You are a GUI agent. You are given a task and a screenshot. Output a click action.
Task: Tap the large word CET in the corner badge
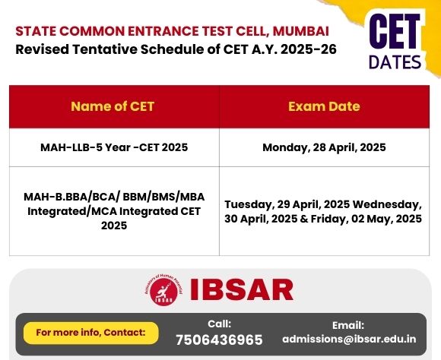(395, 31)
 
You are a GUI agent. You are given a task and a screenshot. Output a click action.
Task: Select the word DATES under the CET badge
(395, 62)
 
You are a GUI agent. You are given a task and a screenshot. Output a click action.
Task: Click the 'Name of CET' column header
(113, 106)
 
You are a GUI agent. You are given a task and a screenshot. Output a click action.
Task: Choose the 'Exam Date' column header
(324, 106)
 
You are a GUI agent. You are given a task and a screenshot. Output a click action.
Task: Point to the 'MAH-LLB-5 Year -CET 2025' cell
(114, 147)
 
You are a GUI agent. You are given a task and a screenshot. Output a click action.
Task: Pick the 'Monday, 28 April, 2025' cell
(324, 147)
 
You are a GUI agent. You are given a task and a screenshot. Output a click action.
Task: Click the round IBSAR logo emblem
(163, 289)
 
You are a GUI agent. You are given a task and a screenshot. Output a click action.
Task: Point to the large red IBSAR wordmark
(242, 289)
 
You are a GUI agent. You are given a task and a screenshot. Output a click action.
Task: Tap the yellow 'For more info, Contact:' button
(90, 333)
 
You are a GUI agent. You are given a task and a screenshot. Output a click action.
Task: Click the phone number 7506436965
(219, 339)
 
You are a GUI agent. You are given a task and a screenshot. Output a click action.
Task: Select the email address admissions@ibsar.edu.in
(349, 339)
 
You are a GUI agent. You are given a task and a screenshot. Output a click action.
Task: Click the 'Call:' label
(220, 324)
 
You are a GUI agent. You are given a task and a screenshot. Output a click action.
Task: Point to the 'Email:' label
(348, 325)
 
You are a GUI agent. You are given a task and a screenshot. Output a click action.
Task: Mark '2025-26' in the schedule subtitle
(309, 49)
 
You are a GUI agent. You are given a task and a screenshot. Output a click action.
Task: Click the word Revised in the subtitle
(42, 49)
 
